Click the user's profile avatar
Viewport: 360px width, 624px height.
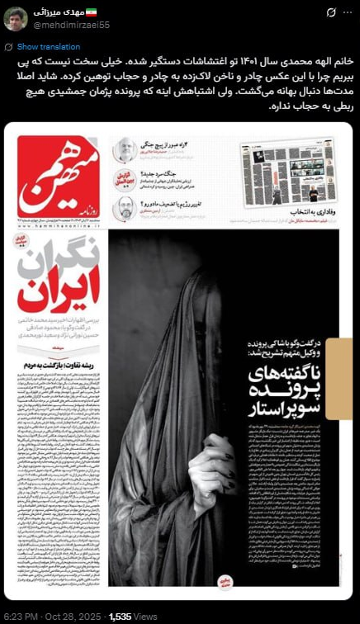point(16,18)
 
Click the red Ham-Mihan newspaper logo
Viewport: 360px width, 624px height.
point(57,177)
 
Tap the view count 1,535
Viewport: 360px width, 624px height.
point(121,616)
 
